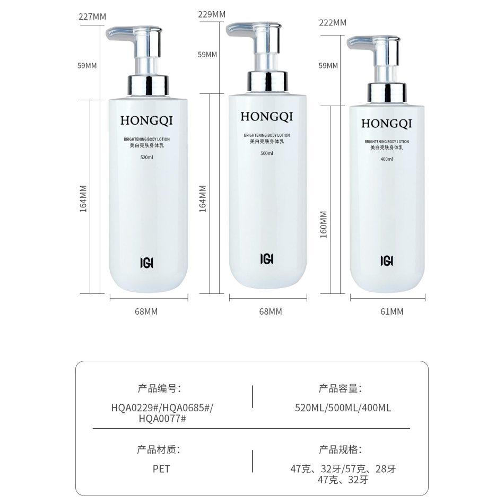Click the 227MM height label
[x=92, y=16]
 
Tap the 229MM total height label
[x=212, y=14]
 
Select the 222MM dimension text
[x=333, y=22]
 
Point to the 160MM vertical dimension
[x=324, y=224]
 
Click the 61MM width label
[x=392, y=311]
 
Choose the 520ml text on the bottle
[x=146, y=158]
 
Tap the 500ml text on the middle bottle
[x=266, y=153]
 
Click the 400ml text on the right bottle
[x=386, y=159]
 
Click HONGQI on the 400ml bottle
[x=386, y=124]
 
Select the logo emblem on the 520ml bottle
[x=146, y=263]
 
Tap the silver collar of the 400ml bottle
[x=387, y=92]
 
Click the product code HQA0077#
[x=162, y=419]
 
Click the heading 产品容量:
[x=340, y=388]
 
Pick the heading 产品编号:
[x=159, y=388]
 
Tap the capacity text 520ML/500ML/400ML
[x=343, y=408]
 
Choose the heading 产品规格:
[x=340, y=449]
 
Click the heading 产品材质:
[x=159, y=449]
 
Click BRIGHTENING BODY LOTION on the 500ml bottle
[x=267, y=135]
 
